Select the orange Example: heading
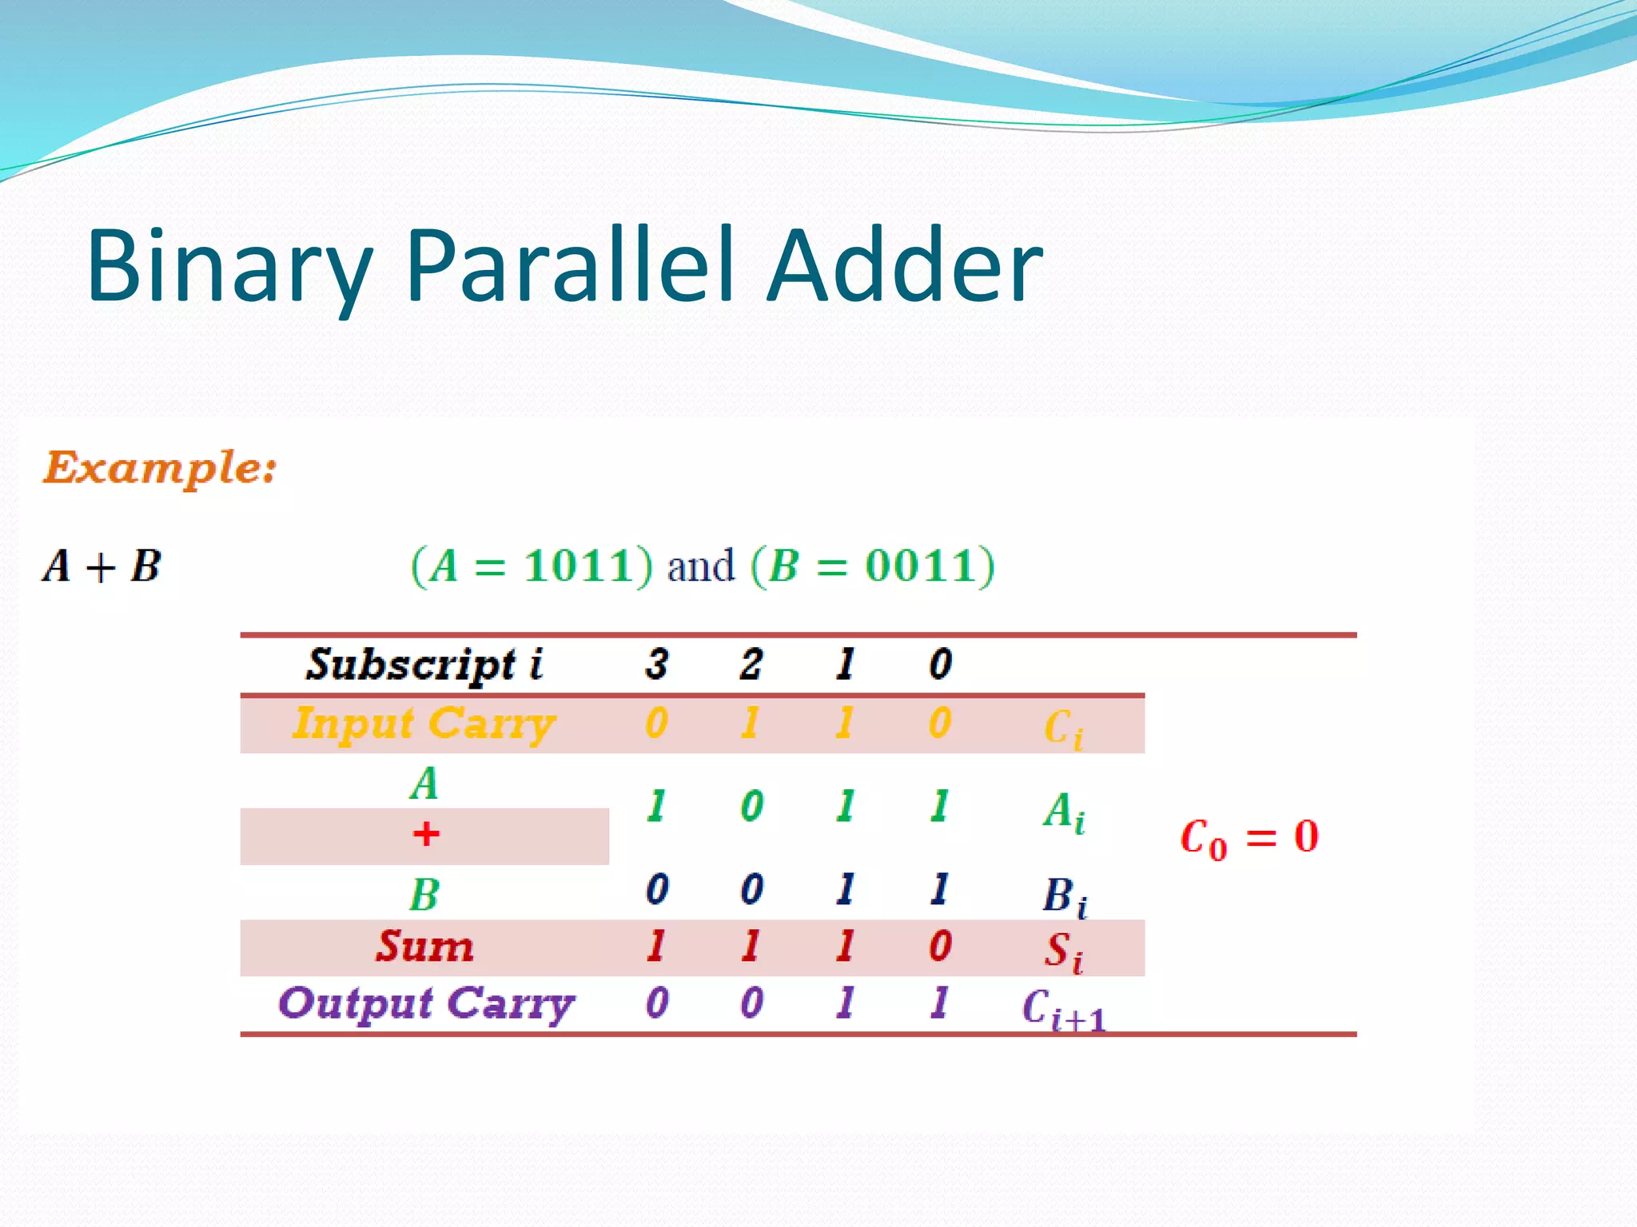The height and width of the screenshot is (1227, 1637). (x=160, y=467)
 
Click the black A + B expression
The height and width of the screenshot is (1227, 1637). (x=102, y=566)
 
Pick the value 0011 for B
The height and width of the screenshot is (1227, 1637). (x=919, y=566)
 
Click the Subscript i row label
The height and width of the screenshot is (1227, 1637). (x=424, y=665)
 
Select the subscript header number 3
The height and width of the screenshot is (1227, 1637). (x=656, y=664)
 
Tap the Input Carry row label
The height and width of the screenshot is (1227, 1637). (x=424, y=724)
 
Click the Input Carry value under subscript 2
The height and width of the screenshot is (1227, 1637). (x=750, y=723)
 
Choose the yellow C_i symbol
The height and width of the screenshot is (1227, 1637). (x=1063, y=729)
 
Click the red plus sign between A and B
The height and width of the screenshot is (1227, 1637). (x=425, y=834)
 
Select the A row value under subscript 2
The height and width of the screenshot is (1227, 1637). (x=751, y=806)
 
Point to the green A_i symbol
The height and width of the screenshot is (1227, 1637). (x=1063, y=812)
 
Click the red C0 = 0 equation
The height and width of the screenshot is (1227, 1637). (x=1249, y=838)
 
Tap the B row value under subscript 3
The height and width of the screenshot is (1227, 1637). (x=656, y=889)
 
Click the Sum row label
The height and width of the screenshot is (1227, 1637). (x=424, y=947)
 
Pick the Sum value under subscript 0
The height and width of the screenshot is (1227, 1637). (x=940, y=947)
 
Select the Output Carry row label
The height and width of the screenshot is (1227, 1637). (x=426, y=1003)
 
